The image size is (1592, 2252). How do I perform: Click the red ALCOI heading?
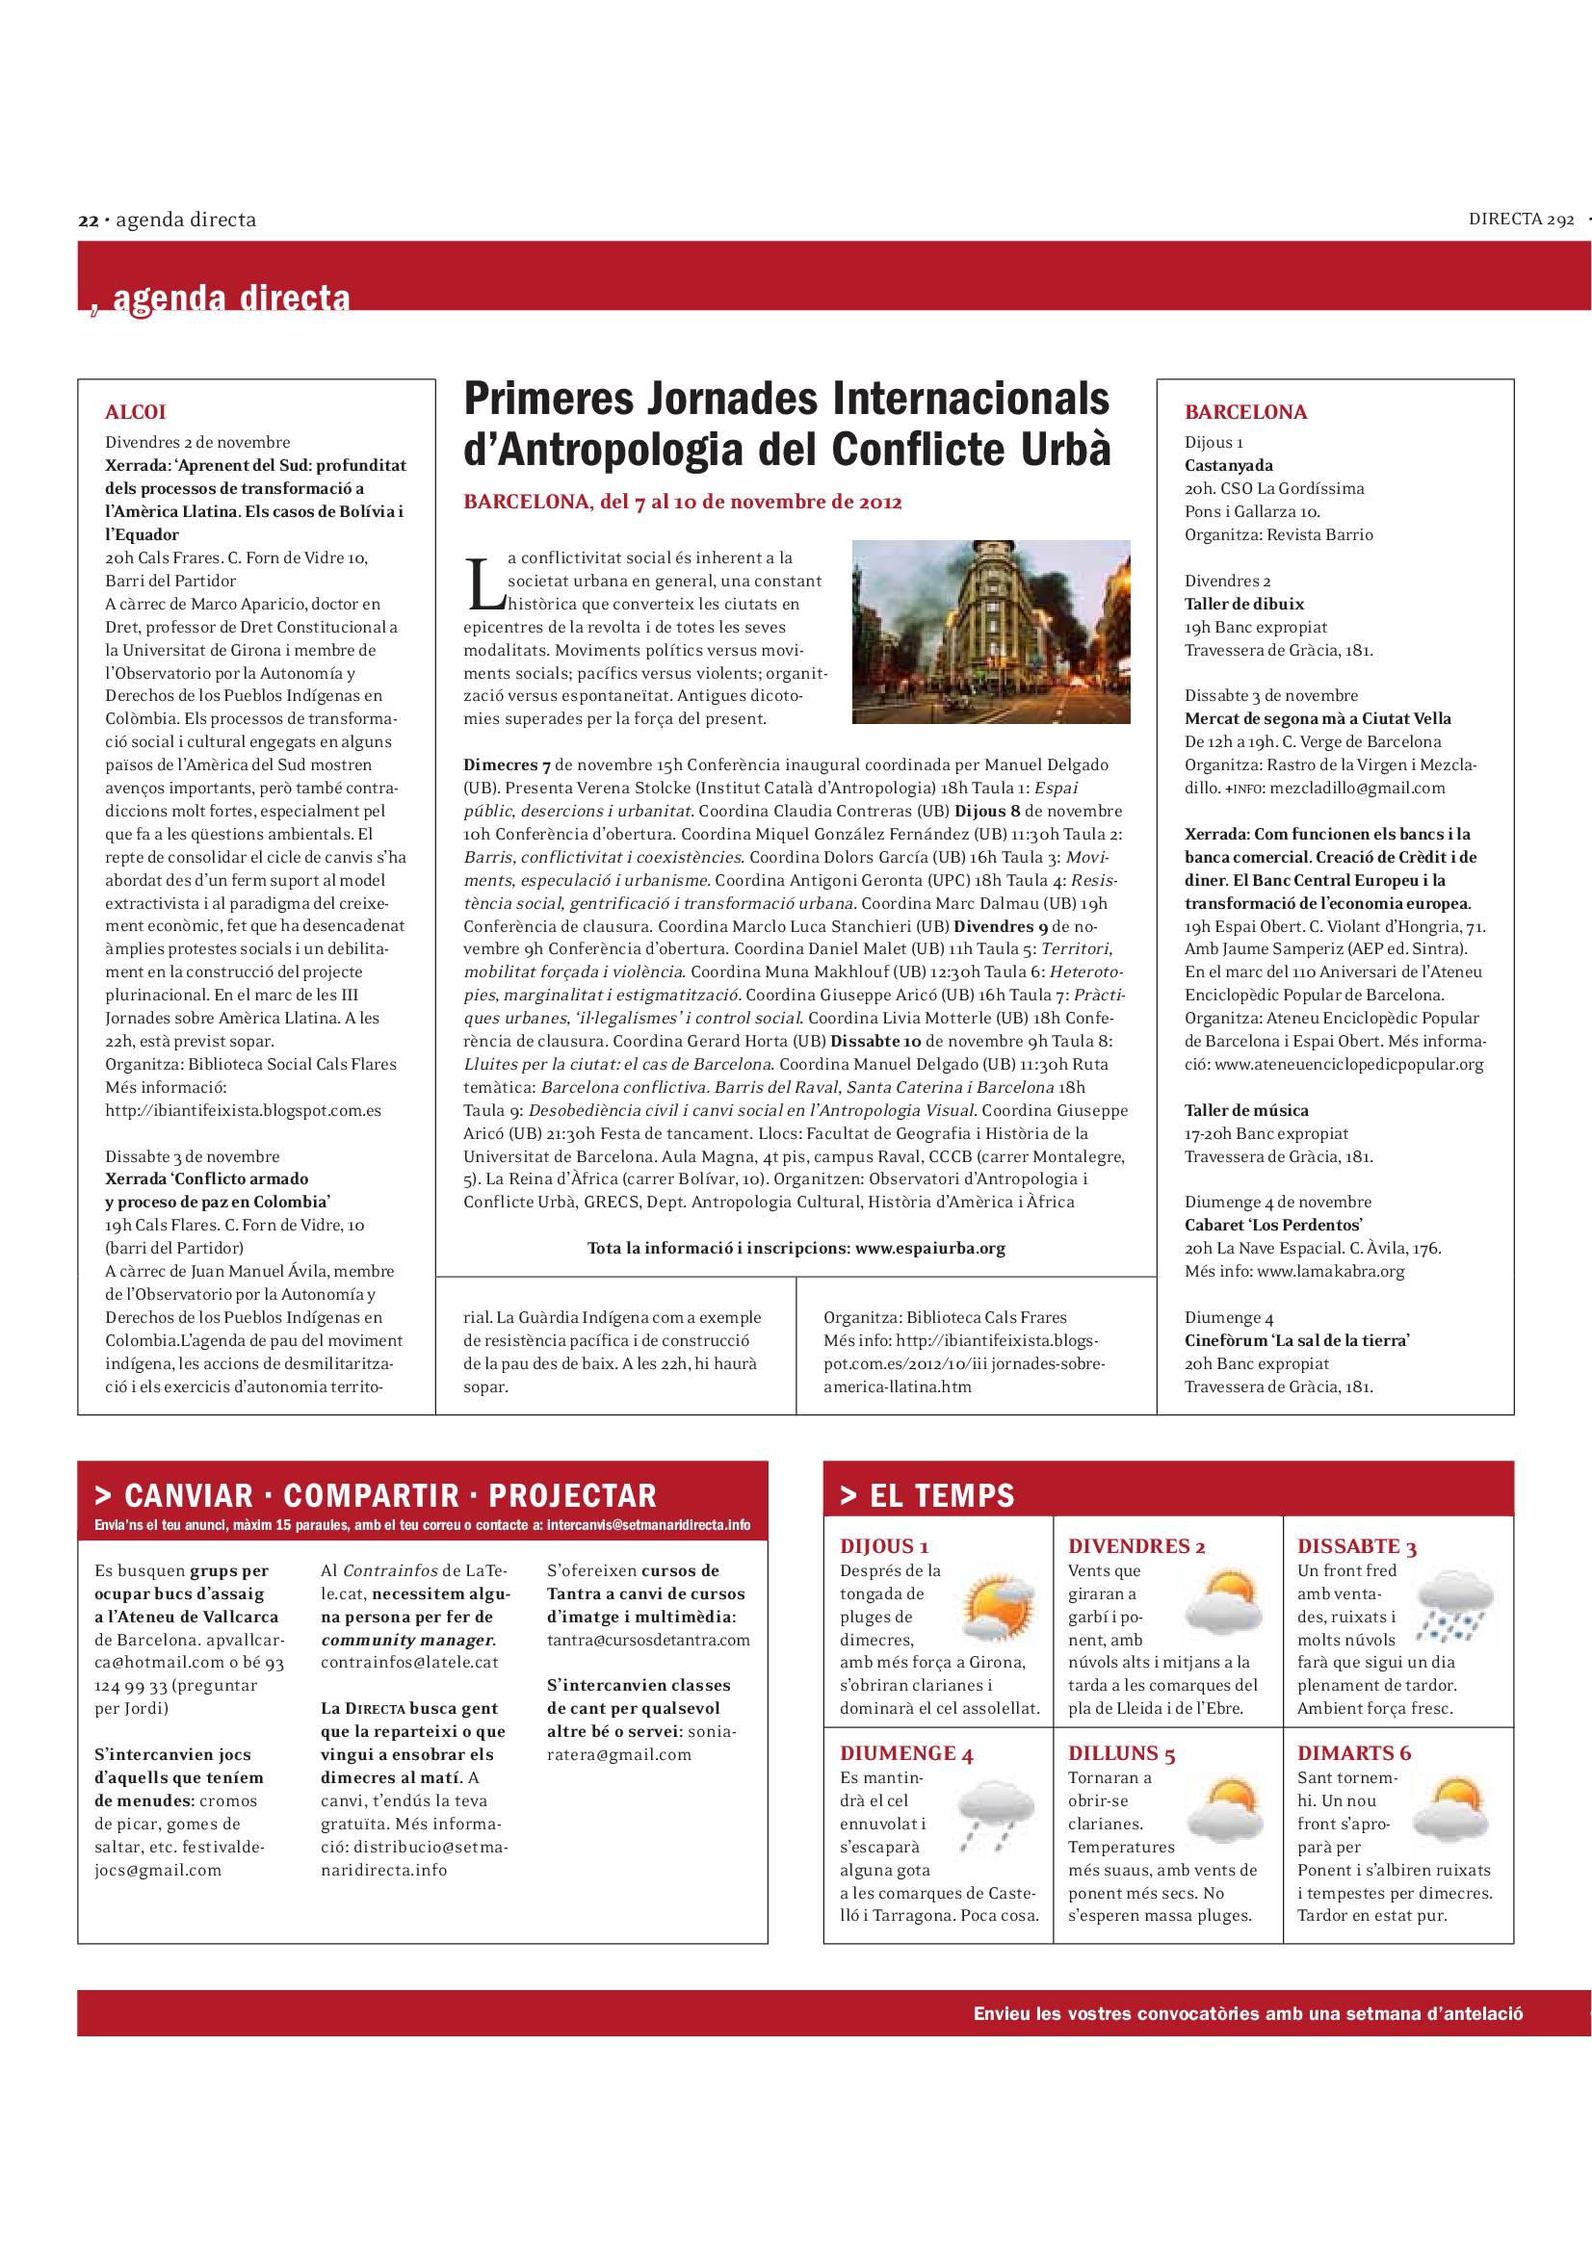(x=136, y=412)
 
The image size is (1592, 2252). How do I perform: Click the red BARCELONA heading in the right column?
(x=1244, y=412)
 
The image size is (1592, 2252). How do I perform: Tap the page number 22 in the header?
(x=89, y=220)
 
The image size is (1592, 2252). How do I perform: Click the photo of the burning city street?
(x=991, y=632)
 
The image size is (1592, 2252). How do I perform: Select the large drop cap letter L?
(x=483, y=584)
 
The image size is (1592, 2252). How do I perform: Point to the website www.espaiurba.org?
(x=930, y=1249)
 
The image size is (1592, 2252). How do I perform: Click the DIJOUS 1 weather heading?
(x=884, y=1547)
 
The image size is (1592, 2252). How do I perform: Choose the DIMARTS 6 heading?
(x=1354, y=1752)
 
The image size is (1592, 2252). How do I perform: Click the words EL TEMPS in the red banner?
(x=942, y=1496)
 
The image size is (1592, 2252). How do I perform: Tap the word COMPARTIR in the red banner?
(x=371, y=1496)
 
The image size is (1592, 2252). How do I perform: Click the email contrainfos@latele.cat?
(x=409, y=1663)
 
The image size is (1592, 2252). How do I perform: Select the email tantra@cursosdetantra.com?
(x=647, y=1640)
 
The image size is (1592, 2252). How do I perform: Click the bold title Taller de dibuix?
(x=1243, y=605)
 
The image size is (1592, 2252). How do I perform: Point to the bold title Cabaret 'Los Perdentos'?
(x=1272, y=1225)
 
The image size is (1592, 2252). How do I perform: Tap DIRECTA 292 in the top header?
(x=1521, y=220)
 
